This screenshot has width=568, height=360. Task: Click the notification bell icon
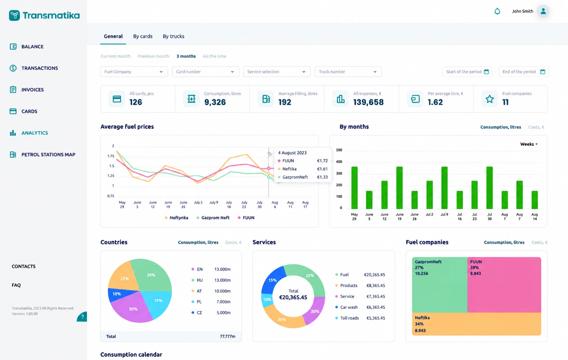[x=497, y=11]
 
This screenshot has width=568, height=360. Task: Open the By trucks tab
[x=173, y=36]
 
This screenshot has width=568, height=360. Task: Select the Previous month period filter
[x=153, y=56]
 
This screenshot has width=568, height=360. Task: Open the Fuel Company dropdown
[x=134, y=71]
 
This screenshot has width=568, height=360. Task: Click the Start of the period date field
[x=467, y=71]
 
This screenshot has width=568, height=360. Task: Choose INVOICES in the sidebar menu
[x=32, y=89]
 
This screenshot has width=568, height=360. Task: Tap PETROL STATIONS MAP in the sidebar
[x=48, y=154]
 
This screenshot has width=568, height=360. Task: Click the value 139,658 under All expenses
[x=368, y=102]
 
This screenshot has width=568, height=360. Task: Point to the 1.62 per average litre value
[x=435, y=102]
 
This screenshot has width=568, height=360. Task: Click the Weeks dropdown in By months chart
[x=529, y=144]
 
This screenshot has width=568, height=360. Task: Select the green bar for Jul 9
[x=444, y=188]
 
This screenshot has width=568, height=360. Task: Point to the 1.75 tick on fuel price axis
[x=111, y=156]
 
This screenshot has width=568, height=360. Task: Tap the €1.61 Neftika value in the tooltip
[x=322, y=169]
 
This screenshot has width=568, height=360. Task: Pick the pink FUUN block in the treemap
[x=504, y=285]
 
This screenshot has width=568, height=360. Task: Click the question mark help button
[x=82, y=317]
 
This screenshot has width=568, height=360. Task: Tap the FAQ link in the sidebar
[x=16, y=285]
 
